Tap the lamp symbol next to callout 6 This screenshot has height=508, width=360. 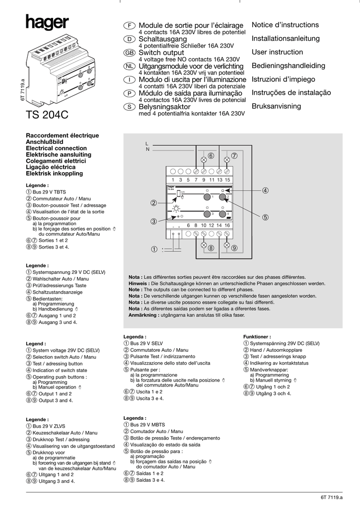coord(203,160)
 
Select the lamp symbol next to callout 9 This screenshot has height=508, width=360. coord(227,246)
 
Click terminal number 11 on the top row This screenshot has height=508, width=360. coord(212,179)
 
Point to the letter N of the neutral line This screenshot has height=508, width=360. coord(147,149)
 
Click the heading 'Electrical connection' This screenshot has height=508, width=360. coord(56,148)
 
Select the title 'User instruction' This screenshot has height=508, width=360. coord(277,52)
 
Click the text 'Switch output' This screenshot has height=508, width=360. coord(161,53)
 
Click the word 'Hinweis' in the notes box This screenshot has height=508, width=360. coord(138,283)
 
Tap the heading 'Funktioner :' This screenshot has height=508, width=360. coord(257,336)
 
